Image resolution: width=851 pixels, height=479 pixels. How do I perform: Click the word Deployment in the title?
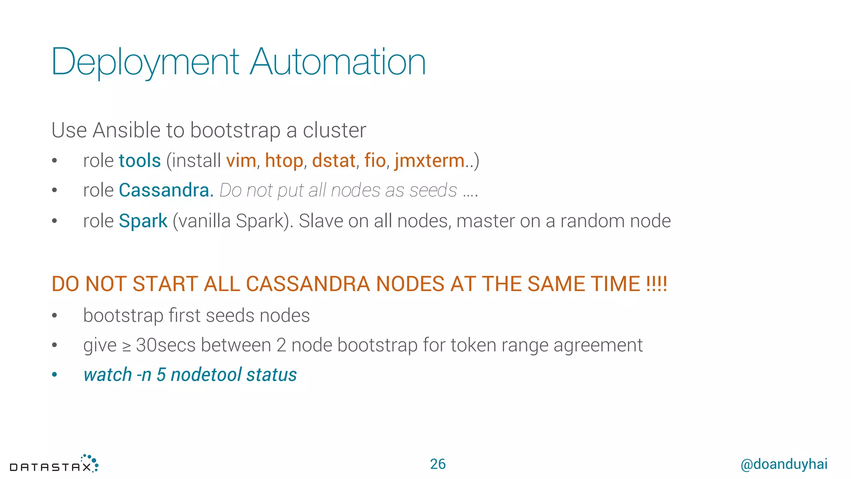[145, 62]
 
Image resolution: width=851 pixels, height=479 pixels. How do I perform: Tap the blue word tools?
[140, 161]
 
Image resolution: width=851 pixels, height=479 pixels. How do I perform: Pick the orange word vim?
[241, 161]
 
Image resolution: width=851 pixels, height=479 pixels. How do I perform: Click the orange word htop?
[284, 161]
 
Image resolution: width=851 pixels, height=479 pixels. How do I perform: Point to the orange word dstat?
[334, 161]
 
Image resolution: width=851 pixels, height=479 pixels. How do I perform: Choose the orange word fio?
[375, 161]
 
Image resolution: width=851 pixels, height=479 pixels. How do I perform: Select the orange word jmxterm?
[430, 161]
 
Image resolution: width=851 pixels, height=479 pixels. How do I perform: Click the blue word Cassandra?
[164, 190]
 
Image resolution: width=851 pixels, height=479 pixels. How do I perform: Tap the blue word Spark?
[143, 221]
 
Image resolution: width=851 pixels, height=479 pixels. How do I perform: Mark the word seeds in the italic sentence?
[433, 190]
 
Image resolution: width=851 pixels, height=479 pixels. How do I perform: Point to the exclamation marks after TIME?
[657, 284]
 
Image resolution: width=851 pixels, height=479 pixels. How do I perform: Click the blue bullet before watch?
[54, 375]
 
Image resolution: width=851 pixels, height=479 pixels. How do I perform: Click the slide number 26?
[438, 464]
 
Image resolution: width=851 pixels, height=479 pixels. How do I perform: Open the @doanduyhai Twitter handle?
[784, 464]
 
